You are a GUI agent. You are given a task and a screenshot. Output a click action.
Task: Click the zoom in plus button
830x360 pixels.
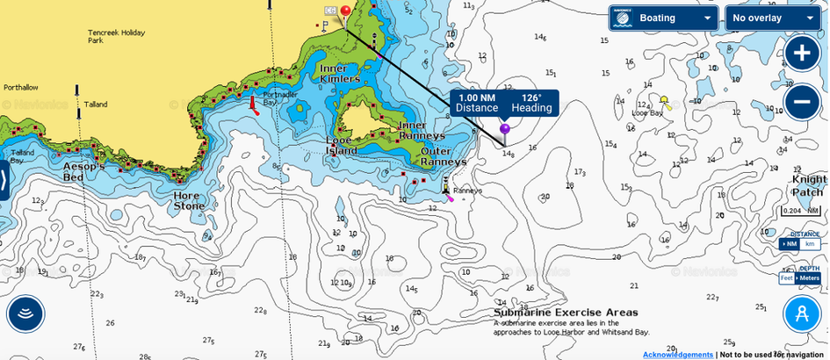(802, 53)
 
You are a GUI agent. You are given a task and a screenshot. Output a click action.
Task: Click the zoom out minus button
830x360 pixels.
(802, 103)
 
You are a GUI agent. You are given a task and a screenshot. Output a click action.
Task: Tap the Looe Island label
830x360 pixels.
(340, 145)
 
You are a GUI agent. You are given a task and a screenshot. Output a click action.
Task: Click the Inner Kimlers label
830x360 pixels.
(340, 73)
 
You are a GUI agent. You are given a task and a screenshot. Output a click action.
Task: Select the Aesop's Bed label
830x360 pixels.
(84, 171)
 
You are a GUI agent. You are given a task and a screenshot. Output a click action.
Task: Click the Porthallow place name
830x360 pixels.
(21, 88)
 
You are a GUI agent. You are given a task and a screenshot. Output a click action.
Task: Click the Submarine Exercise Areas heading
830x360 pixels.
(566, 313)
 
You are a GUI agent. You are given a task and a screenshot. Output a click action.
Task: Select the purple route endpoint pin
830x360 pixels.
(505, 129)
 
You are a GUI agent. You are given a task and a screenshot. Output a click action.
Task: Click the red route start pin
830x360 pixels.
(346, 11)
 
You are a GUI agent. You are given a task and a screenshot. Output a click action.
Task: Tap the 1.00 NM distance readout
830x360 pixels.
(477, 103)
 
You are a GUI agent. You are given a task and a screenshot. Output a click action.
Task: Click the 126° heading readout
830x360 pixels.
(531, 103)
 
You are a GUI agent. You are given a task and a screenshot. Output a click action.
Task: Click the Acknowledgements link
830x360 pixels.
(677, 354)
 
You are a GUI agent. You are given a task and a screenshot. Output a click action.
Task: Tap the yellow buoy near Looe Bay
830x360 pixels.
(664, 100)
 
